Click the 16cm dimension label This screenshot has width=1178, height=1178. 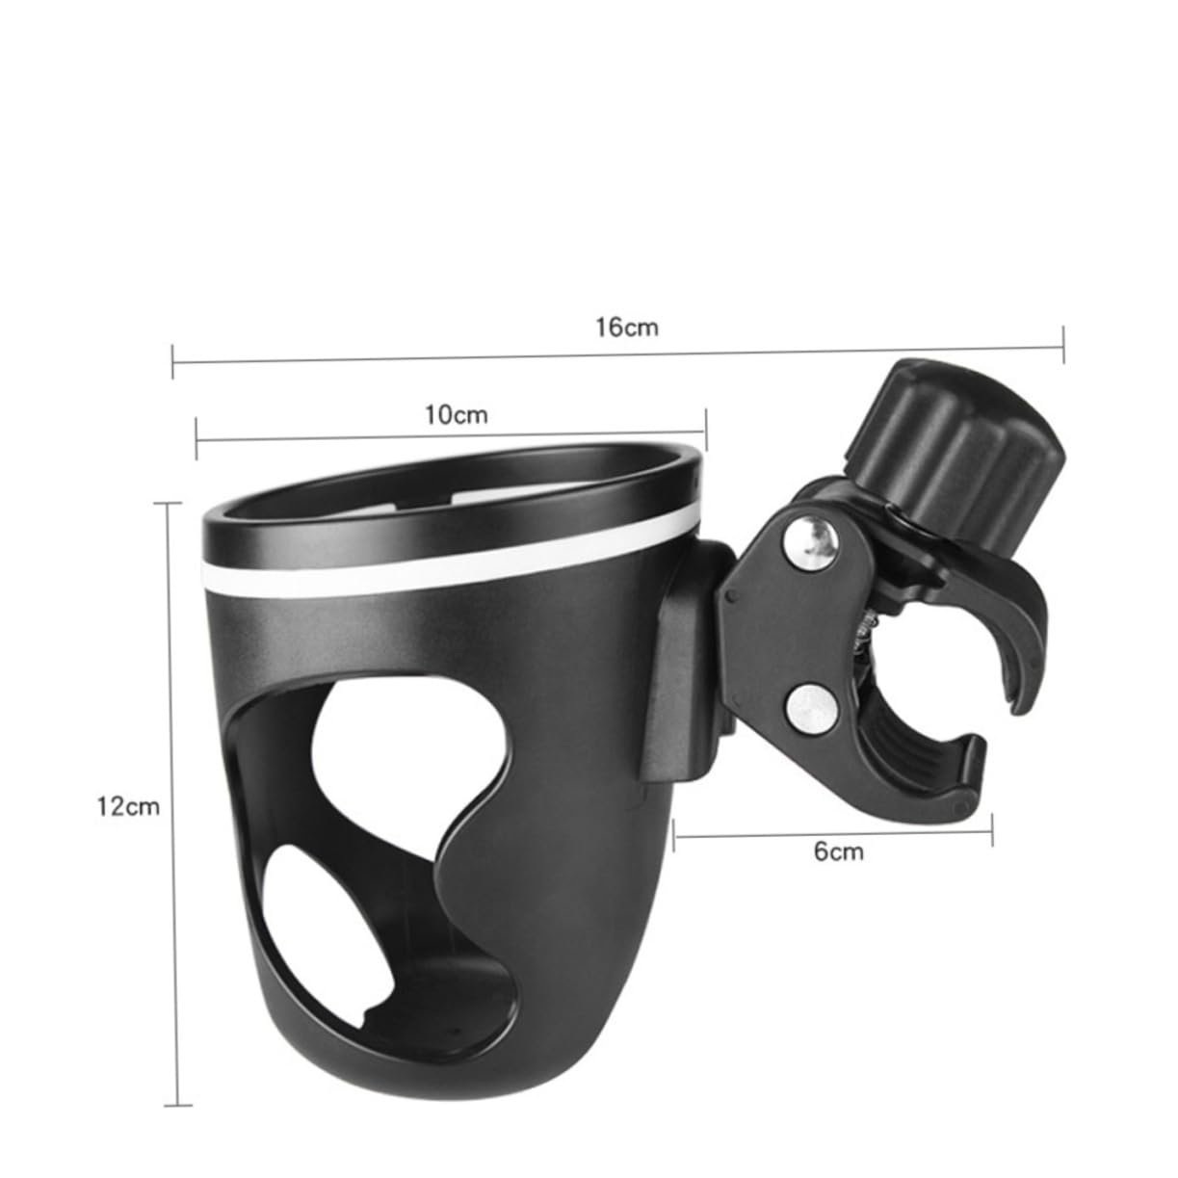(x=626, y=327)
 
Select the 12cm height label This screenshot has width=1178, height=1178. (x=128, y=806)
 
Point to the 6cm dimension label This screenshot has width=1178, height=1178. (x=839, y=851)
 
